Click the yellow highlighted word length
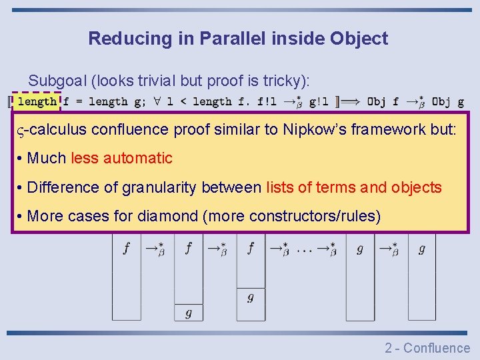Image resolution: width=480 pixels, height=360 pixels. pos(37,102)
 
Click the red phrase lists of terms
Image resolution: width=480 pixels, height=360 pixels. pos(311,187)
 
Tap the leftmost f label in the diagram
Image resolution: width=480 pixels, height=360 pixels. pos(126,249)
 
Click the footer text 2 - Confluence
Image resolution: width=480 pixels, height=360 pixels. pos(427,347)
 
